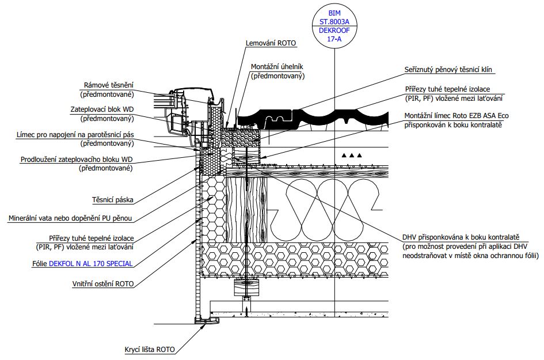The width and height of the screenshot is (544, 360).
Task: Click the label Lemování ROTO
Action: pyautogui.click(x=271, y=43)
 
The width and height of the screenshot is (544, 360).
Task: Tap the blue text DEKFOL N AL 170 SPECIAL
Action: pyautogui.click(x=90, y=263)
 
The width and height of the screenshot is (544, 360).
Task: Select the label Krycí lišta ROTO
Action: pyautogui.click(x=150, y=349)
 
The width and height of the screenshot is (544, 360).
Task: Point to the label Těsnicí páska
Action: pyautogui.click(x=112, y=200)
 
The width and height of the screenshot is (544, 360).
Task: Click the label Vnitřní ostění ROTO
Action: pyautogui.click(x=103, y=283)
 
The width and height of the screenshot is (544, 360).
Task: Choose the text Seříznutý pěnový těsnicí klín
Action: pyautogui.click(x=448, y=70)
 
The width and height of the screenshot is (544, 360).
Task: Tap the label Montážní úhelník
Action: pyautogui.click(x=277, y=66)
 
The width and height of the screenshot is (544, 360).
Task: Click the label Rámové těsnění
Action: pyautogui.click(x=109, y=85)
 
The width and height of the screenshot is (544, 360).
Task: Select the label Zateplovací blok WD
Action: pyautogui.click(x=102, y=109)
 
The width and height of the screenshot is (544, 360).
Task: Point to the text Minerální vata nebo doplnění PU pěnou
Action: pyautogui.click(x=70, y=218)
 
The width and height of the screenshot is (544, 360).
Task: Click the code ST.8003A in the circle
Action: pyautogui.click(x=334, y=21)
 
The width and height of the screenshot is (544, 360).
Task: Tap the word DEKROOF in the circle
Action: pyautogui.click(x=334, y=30)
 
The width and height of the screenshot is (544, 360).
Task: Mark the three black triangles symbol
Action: pyautogui.click(x=352, y=155)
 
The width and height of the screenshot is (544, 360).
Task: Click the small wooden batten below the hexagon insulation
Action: pyautogui.click(x=247, y=287)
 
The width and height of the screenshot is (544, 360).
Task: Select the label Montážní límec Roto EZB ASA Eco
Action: pyautogui.click(x=456, y=116)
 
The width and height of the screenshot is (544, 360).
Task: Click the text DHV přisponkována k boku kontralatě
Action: pyautogui.click(x=461, y=237)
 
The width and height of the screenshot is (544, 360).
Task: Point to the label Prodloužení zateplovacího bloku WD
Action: pyautogui.click(x=77, y=160)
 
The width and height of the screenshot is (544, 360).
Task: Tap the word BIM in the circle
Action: pyautogui.click(x=334, y=13)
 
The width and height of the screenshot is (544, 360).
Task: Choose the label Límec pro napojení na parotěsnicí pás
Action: pyautogui.click(x=75, y=135)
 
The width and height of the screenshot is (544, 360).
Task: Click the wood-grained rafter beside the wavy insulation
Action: pyautogui.click(x=247, y=210)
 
